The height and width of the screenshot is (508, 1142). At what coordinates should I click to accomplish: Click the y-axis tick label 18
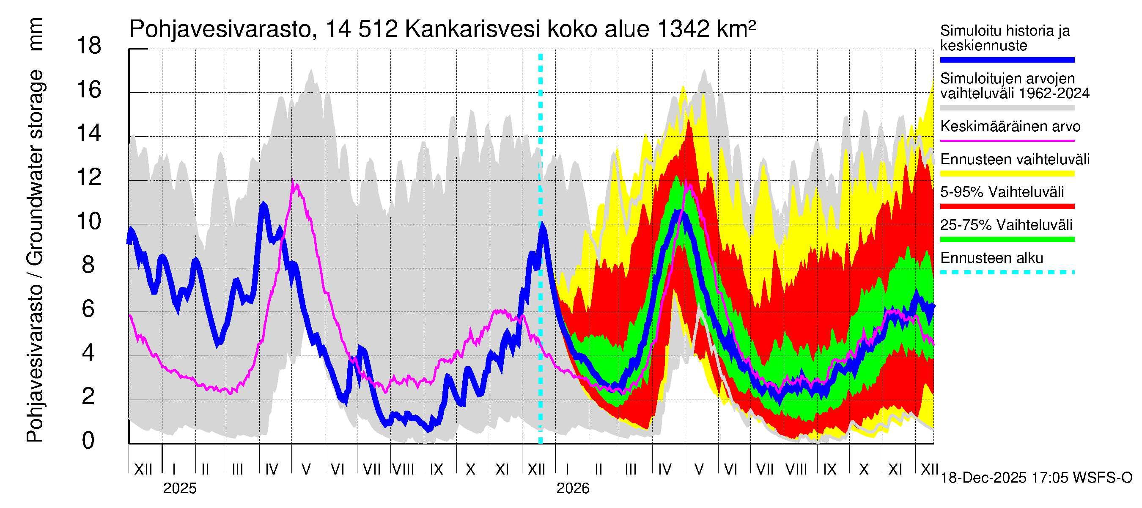click(x=89, y=46)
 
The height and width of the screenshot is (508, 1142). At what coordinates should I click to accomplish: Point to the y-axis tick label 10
click(x=89, y=221)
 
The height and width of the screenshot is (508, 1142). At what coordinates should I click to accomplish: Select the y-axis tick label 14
click(x=89, y=133)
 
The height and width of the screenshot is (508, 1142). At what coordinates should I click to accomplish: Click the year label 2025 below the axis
click(x=179, y=489)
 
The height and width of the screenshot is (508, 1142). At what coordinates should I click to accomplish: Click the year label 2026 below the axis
click(x=573, y=489)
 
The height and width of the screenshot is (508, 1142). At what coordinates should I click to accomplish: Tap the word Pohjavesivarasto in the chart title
click(x=220, y=30)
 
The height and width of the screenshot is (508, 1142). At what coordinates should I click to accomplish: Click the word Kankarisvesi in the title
click(x=472, y=30)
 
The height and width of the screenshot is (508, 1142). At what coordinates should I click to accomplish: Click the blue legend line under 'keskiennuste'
click(x=1007, y=60)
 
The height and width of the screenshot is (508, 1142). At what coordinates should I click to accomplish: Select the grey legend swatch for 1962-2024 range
click(x=1007, y=108)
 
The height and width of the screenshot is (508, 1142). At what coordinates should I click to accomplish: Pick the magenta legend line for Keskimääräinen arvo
click(x=1007, y=141)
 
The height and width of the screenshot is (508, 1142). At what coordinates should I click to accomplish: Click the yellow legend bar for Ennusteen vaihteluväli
click(x=1007, y=174)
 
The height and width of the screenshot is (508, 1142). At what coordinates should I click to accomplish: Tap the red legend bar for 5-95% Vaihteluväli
click(x=1007, y=206)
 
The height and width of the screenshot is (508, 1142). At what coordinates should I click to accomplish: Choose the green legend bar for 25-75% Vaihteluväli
click(x=1007, y=240)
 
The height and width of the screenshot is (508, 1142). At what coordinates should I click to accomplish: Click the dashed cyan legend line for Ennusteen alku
click(x=1007, y=272)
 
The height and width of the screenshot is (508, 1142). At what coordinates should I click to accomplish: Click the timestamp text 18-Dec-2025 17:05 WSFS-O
click(x=1036, y=478)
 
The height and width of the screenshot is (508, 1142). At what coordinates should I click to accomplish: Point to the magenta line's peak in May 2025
click(x=293, y=181)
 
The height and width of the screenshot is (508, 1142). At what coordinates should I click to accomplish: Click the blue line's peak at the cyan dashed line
click(x=542, y=225)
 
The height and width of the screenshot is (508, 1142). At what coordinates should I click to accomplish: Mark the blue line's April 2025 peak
click(x=264, y=204)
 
